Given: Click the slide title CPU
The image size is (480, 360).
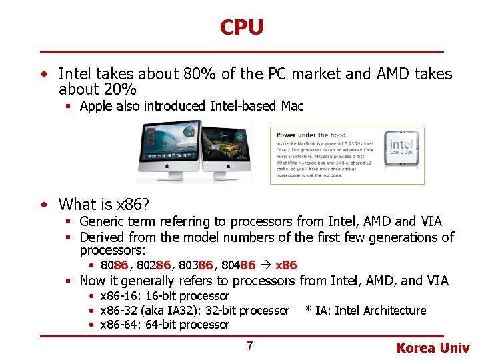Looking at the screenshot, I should point(241,27).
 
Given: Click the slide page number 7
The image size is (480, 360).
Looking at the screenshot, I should point(249,346).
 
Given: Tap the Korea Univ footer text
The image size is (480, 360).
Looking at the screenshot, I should point(433,348).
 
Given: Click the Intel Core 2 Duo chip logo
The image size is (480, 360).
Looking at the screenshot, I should point(401,148).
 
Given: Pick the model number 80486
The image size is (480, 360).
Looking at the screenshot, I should point(238,265).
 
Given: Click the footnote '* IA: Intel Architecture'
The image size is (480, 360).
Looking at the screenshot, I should point(365,311).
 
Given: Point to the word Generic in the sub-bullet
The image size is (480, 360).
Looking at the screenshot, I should point(101,221).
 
